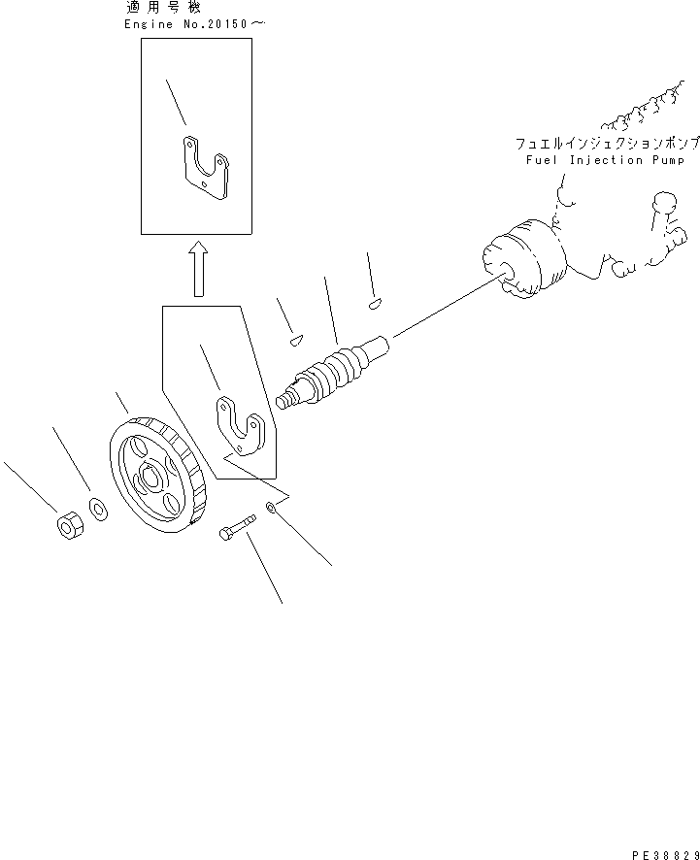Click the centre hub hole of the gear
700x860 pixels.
pos(150,477)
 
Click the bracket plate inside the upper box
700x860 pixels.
pos(207,169)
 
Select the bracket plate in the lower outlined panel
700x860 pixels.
pos(239,423)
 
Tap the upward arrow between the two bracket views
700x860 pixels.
pos(198,269)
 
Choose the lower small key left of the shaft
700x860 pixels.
pos(297,339)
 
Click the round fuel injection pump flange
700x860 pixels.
pos(524,260)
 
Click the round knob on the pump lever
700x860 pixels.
pos(665,204)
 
